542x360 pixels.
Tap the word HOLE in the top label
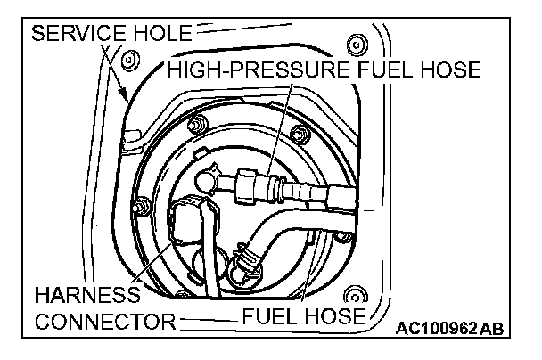(160, 35)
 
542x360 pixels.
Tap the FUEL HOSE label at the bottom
(303, 316)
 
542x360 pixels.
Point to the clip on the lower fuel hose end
(242, 264)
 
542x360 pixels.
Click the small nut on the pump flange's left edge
(140, 209)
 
